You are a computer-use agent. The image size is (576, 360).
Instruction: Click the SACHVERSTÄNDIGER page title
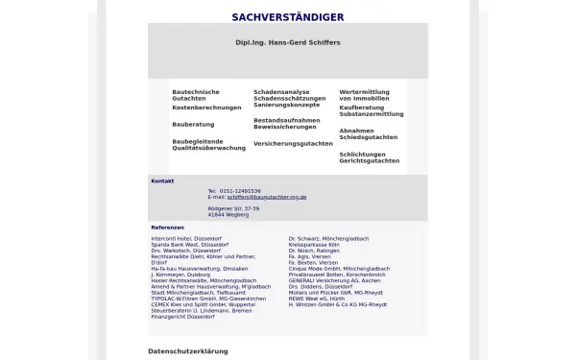point(287,17)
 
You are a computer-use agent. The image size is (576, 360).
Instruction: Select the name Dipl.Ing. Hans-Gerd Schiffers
point(287,43)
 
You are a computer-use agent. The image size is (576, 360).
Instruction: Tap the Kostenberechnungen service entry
point(206,108)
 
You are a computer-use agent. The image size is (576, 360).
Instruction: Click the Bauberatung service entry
point(193,124)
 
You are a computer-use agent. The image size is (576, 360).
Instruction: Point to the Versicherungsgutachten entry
point(293,143)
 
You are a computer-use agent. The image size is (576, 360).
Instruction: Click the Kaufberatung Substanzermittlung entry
point(371,110)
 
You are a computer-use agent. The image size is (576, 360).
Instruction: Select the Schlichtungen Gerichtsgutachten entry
point(369,157)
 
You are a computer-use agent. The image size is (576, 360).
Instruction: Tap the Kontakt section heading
point(162,180)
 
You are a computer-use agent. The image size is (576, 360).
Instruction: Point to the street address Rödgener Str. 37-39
point(233,208)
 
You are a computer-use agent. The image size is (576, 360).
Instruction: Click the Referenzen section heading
point(167,228)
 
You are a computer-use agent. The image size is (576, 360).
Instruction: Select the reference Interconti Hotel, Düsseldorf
point(191,237)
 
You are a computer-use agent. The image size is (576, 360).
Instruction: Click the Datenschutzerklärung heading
point(187,351)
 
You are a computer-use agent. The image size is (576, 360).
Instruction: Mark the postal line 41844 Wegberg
point(228,215)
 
